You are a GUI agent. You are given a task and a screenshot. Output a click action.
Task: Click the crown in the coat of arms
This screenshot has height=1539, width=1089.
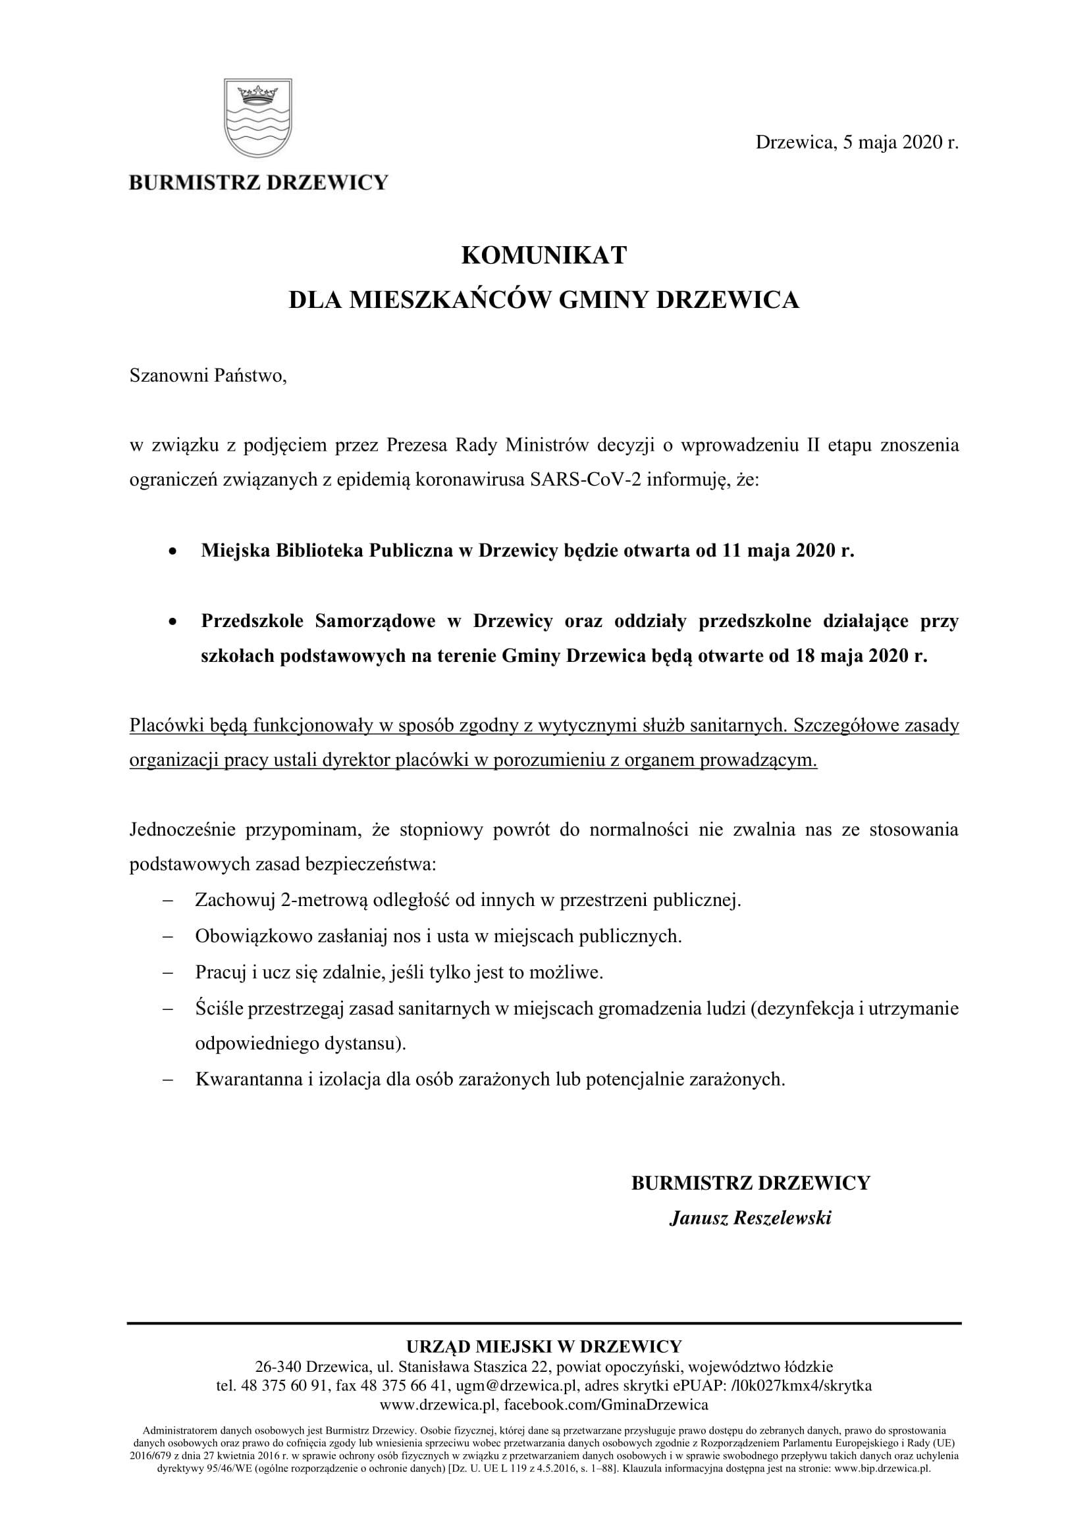click(x=257, y=95)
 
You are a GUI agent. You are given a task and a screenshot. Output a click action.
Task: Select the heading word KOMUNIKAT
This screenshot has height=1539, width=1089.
click(x=544, y=255)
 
